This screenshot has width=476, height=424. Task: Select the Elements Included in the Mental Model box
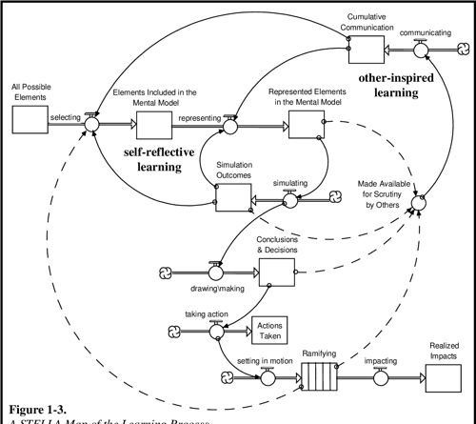[152, 122]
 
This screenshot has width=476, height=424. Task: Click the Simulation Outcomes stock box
[232, 195]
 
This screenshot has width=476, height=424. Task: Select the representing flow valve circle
[228, 122]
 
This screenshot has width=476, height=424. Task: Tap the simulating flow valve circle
[290, 197]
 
